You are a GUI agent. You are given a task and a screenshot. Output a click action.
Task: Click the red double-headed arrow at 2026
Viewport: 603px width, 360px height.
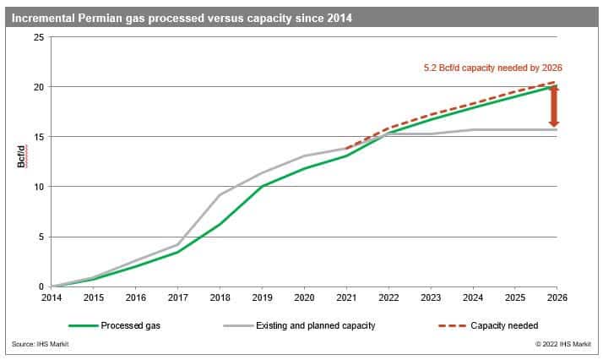pyautogui.click(x=554, y=107)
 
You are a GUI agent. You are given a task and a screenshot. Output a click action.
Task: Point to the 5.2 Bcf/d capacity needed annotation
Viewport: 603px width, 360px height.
pyautogui.click(x=492, y=68)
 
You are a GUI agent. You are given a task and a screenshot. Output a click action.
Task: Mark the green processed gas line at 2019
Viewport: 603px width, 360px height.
pyautogui.click(x=261, y=186)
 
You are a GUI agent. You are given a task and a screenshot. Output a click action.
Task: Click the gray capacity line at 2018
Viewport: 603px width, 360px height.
pyautogui.click(x=219, y=195)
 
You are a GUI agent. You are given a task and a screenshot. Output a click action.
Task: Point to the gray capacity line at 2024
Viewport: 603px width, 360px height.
pyautogui.click(x=471, y=129)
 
